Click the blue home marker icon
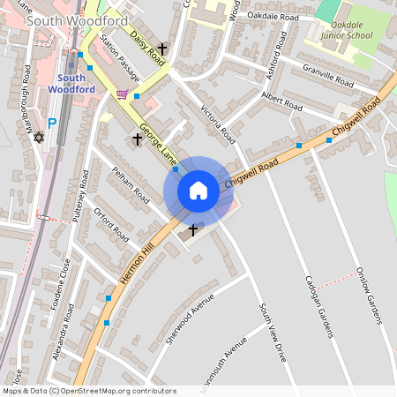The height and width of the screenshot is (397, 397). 198,191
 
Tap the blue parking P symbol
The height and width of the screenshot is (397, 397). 51,124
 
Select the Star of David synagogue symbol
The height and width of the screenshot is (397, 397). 38,138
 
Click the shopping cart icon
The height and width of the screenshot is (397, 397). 122,94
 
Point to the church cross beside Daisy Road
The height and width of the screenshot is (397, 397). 162,49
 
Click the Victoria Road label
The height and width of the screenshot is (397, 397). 218,124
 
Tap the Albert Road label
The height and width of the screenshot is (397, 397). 281,101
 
